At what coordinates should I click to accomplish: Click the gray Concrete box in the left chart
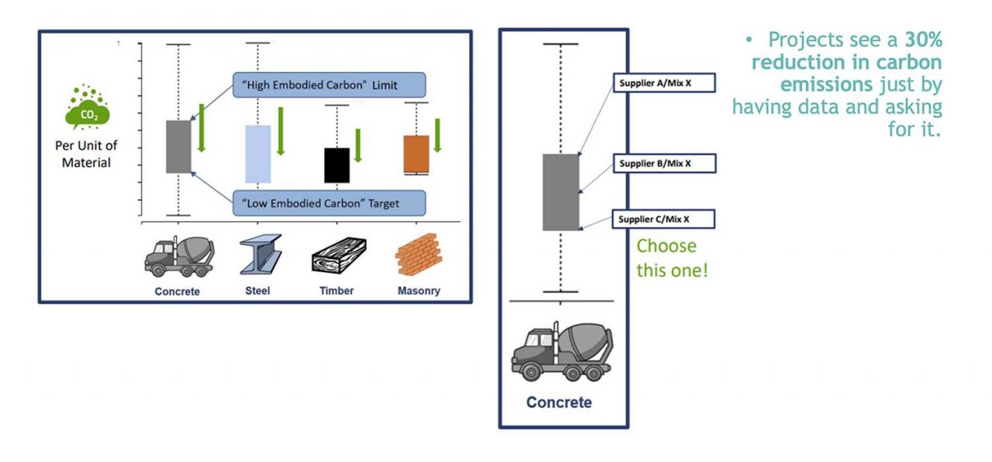(179, 147)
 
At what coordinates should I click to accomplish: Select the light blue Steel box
(258, 153)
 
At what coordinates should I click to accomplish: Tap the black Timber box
(337, 164)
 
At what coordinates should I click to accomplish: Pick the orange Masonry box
(416, 154)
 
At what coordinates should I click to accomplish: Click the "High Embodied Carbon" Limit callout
(329, 84)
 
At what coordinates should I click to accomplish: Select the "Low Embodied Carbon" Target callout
(329, 203)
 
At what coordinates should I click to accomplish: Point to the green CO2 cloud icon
(87, 109)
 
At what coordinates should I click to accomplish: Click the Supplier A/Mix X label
(664, 83)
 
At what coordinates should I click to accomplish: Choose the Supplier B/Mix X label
(664, 164)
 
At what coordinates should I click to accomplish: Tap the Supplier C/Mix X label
(663, 219)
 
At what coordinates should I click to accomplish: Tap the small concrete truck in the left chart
(178, 256)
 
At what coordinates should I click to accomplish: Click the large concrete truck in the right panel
(562, 353)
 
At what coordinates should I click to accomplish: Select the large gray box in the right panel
(561, 192)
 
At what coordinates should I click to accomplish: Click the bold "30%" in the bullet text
(923, 40)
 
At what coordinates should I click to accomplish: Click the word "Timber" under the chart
(337, 291)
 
